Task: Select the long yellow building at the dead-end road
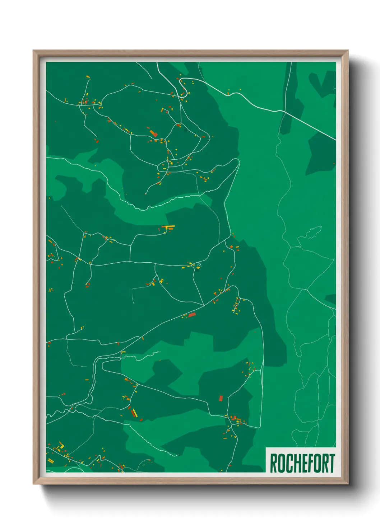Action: click(x=169, y=227)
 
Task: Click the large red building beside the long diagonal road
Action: click(x=192, y=315)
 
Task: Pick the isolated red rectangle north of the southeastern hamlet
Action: click(x=221, y=398)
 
